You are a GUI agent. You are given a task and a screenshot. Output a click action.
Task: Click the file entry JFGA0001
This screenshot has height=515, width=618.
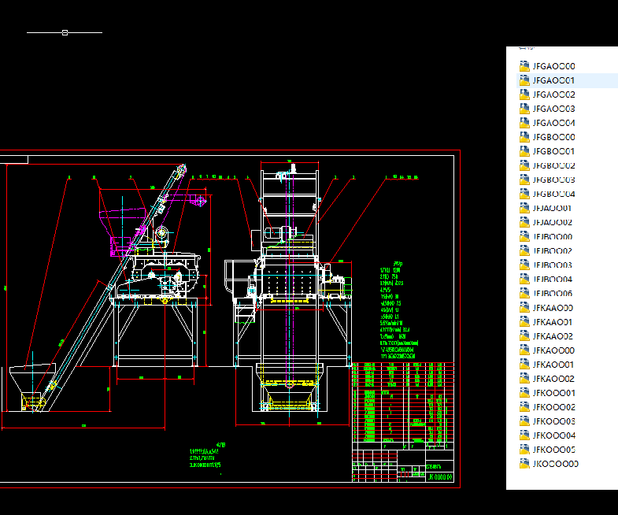(553, 80)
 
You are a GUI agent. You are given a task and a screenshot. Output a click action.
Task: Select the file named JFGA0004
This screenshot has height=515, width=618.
(553, 123)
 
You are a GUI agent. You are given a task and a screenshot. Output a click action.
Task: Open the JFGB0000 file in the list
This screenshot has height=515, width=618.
(553, 137)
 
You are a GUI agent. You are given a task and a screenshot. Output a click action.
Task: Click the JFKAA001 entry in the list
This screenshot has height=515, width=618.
(553, 322)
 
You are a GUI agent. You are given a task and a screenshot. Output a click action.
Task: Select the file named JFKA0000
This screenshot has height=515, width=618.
(553, 350)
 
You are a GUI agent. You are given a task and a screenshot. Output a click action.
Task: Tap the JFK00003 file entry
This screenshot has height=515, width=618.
(553, 421)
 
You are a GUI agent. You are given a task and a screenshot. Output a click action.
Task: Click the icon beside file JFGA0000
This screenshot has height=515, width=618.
(525, 66)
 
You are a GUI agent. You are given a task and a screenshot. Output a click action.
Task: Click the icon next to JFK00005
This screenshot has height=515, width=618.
(525, 450)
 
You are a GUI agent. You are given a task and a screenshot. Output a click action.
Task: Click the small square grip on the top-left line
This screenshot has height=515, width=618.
(65, 33)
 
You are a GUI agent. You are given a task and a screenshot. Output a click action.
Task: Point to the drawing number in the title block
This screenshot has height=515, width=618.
(439, 476)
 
